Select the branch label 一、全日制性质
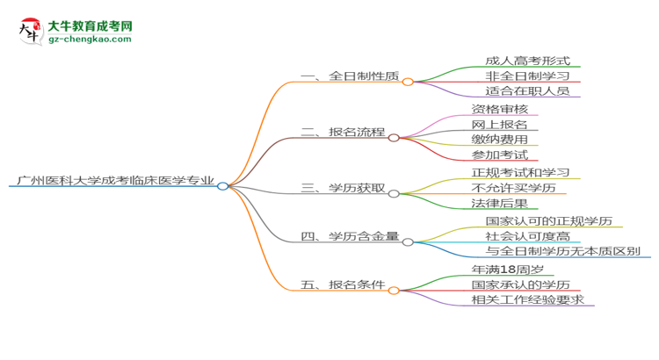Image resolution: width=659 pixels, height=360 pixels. pos(350,77)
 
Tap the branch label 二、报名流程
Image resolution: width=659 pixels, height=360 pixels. pos(343,133)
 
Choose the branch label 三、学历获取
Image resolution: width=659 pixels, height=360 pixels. pos(343,187)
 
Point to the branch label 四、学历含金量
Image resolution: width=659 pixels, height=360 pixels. pos(350,236)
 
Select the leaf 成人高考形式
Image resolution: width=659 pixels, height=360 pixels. pos(527,61)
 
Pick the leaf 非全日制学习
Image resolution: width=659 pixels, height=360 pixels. pos(527,76)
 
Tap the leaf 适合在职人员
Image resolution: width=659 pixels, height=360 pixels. pos(527,90)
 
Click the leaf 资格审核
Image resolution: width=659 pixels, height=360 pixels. pos(499,110)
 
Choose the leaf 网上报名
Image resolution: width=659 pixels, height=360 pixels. pos(499,125)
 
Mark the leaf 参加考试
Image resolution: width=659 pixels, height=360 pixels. pos(499,155)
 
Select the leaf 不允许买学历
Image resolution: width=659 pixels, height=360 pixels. pos(513,187)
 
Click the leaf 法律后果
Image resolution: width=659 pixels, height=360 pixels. pos(499,203)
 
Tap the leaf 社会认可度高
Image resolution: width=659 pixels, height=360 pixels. pos(527,236)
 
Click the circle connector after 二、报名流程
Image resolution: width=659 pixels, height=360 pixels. pos(394,137)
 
